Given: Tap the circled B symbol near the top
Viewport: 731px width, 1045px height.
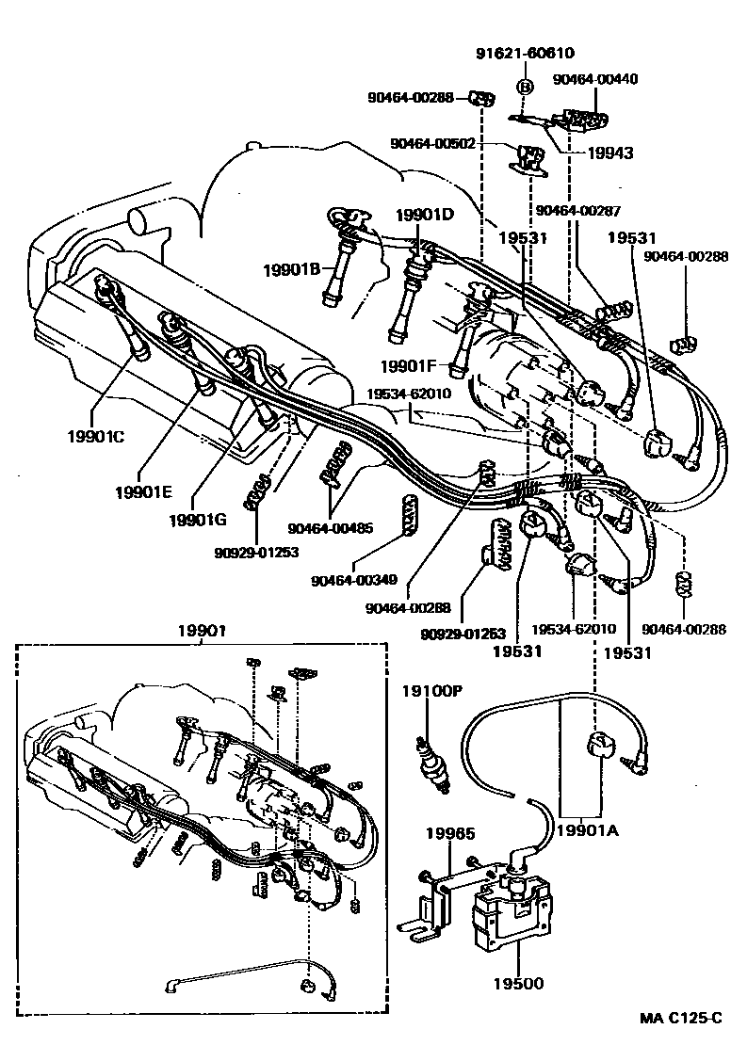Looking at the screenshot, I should click(x=525, y=88).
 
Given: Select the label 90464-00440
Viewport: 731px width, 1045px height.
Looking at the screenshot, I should click(x=594, y=80).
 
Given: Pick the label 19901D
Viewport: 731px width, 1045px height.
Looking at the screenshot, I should click(x=424, y=216).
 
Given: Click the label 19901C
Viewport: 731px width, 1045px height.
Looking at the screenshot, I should click(x=96, y=437).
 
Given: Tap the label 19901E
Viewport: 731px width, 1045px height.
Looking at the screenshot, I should click(x=145, y=491).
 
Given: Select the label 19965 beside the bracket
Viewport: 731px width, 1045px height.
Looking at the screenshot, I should click(x=449, y=834).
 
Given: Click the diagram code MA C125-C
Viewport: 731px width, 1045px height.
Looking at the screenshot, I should click(x=681, y=1019).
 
